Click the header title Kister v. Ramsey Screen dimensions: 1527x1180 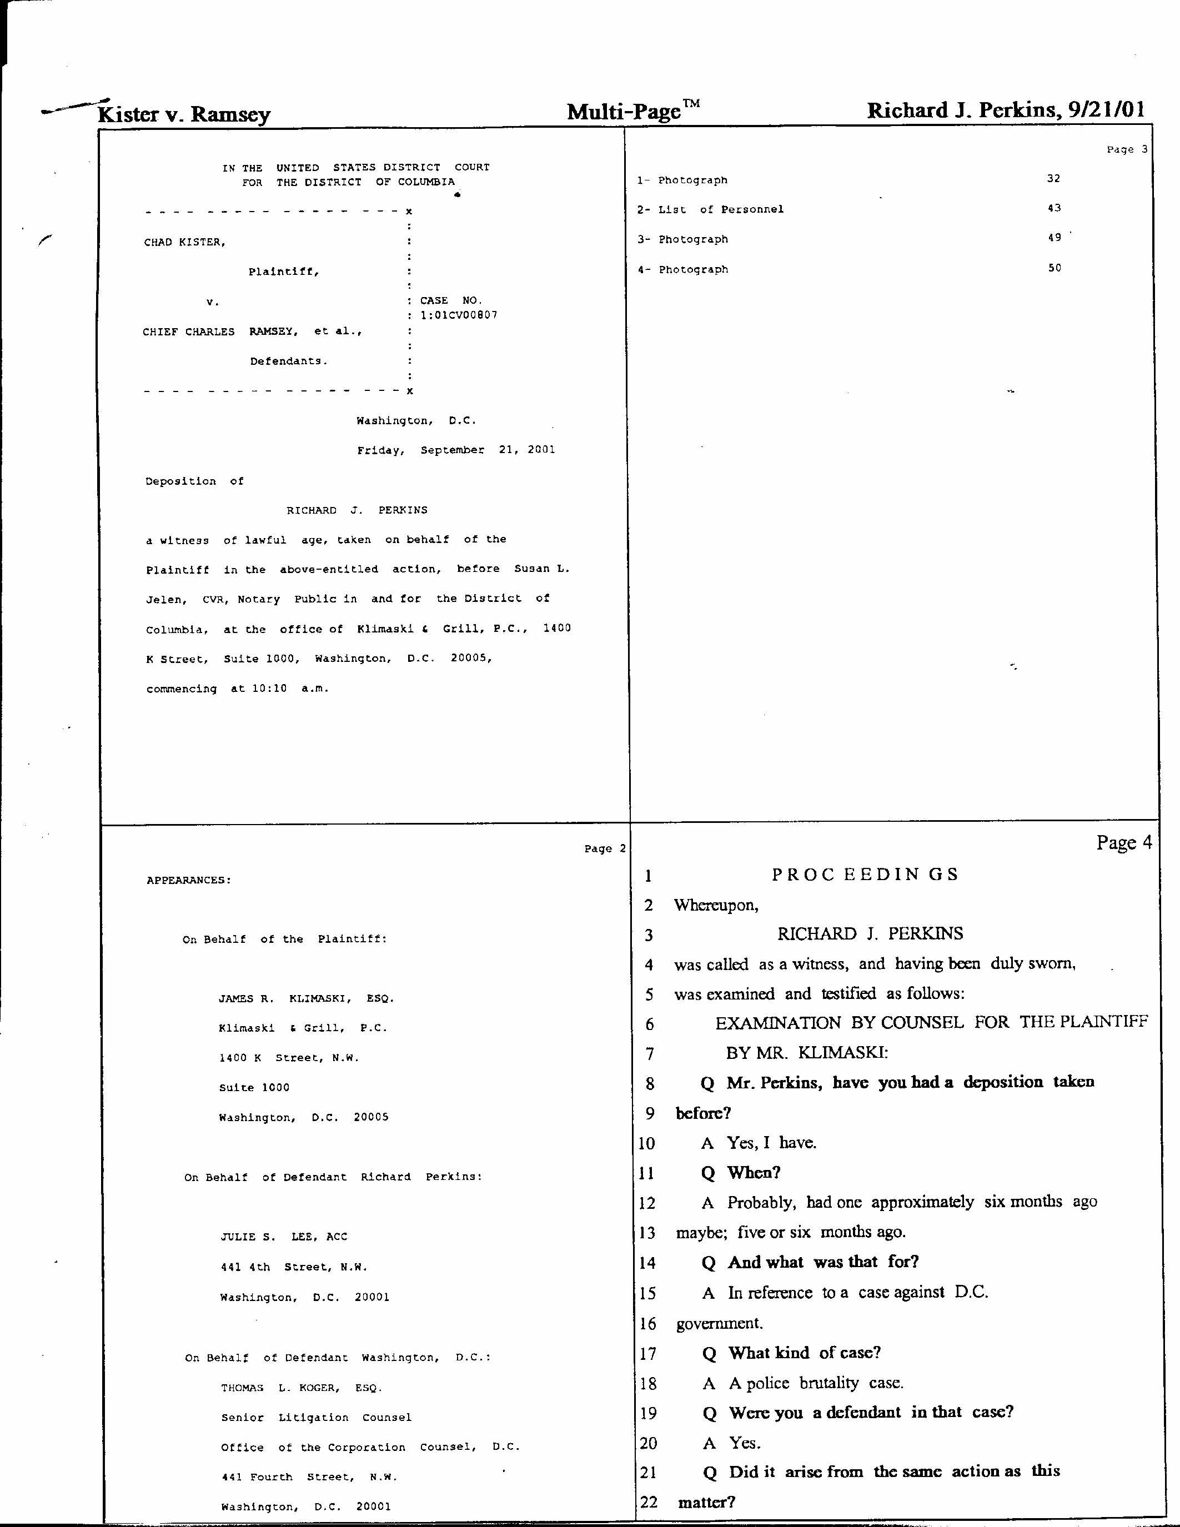click(184, 114)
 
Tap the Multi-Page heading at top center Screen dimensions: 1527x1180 click(624, 111)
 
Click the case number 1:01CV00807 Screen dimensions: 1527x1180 click(459, 315)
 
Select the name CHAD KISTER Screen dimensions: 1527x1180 click(184, 243)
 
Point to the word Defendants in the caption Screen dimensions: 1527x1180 click(289, 361)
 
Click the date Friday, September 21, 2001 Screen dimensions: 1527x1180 click(456, 450)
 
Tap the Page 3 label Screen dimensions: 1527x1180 click(1126, 149)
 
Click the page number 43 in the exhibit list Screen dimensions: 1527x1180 click(1053, 208)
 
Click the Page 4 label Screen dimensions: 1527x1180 click(1123, 842)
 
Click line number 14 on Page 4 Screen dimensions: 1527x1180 click(648, 1263)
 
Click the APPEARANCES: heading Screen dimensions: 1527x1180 click(189, 880)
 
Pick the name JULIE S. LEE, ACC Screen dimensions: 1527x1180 click(284, 1237)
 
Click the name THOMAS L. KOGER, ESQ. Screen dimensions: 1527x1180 click(302, 1388)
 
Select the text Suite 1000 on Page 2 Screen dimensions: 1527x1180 click(254, 1088)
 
